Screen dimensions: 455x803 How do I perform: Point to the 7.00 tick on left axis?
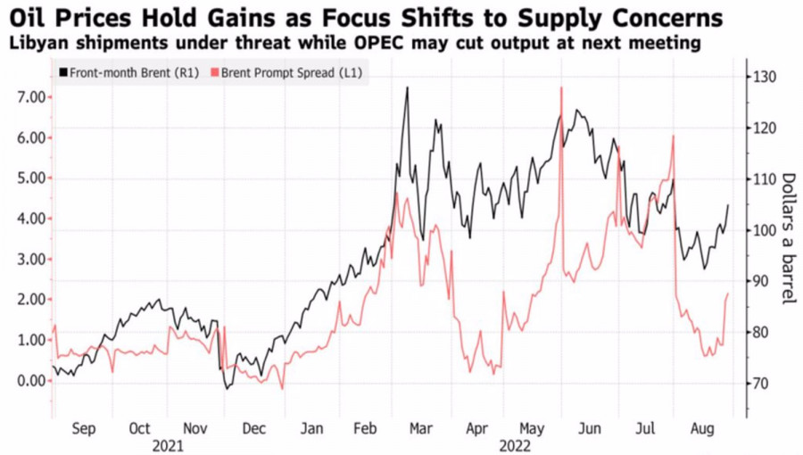(x=30, y=96)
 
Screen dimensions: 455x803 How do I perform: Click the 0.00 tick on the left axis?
(x=30, y=381)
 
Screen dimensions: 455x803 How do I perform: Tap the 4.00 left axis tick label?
(x=30, y=219)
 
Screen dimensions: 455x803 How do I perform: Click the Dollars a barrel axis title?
(x=788, y=237)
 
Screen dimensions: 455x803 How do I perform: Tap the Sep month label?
(x=83, y=428)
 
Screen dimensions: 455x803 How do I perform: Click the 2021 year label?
(x=168, y=443)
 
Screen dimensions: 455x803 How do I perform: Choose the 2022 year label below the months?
(x=516, y=443)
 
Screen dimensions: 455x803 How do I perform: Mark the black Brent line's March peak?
(x=407, y=88)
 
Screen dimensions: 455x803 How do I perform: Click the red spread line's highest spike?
(x=561, y=87)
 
